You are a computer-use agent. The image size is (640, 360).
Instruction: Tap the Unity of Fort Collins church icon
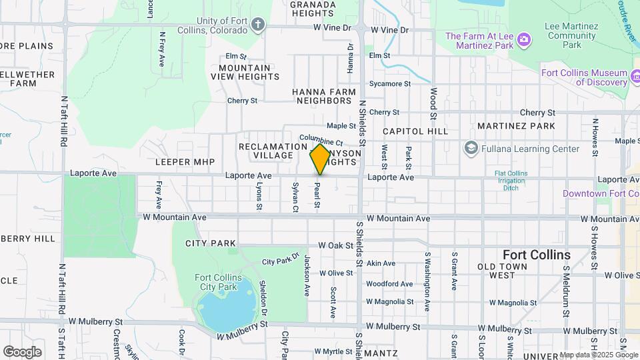click(x=259, y=25)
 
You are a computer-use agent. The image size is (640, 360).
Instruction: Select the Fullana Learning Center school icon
click(x=472, y=148)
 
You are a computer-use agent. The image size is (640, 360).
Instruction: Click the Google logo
click(x=22, y=351)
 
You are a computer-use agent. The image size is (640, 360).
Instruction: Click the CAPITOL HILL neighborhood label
click(x=415, y=131)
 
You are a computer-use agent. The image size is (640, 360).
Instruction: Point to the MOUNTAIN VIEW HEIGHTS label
click(x=245, y=72)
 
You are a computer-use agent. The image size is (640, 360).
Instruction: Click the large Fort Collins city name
click(x=536, y=255)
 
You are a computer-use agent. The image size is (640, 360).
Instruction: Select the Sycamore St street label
click(x=390, y=84)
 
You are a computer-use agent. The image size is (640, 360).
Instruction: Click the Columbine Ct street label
click(x=321, y=142)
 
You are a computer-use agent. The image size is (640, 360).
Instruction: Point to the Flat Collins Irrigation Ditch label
click(x=511, y=181)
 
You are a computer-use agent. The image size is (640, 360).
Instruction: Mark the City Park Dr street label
click(x=281, y=260)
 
